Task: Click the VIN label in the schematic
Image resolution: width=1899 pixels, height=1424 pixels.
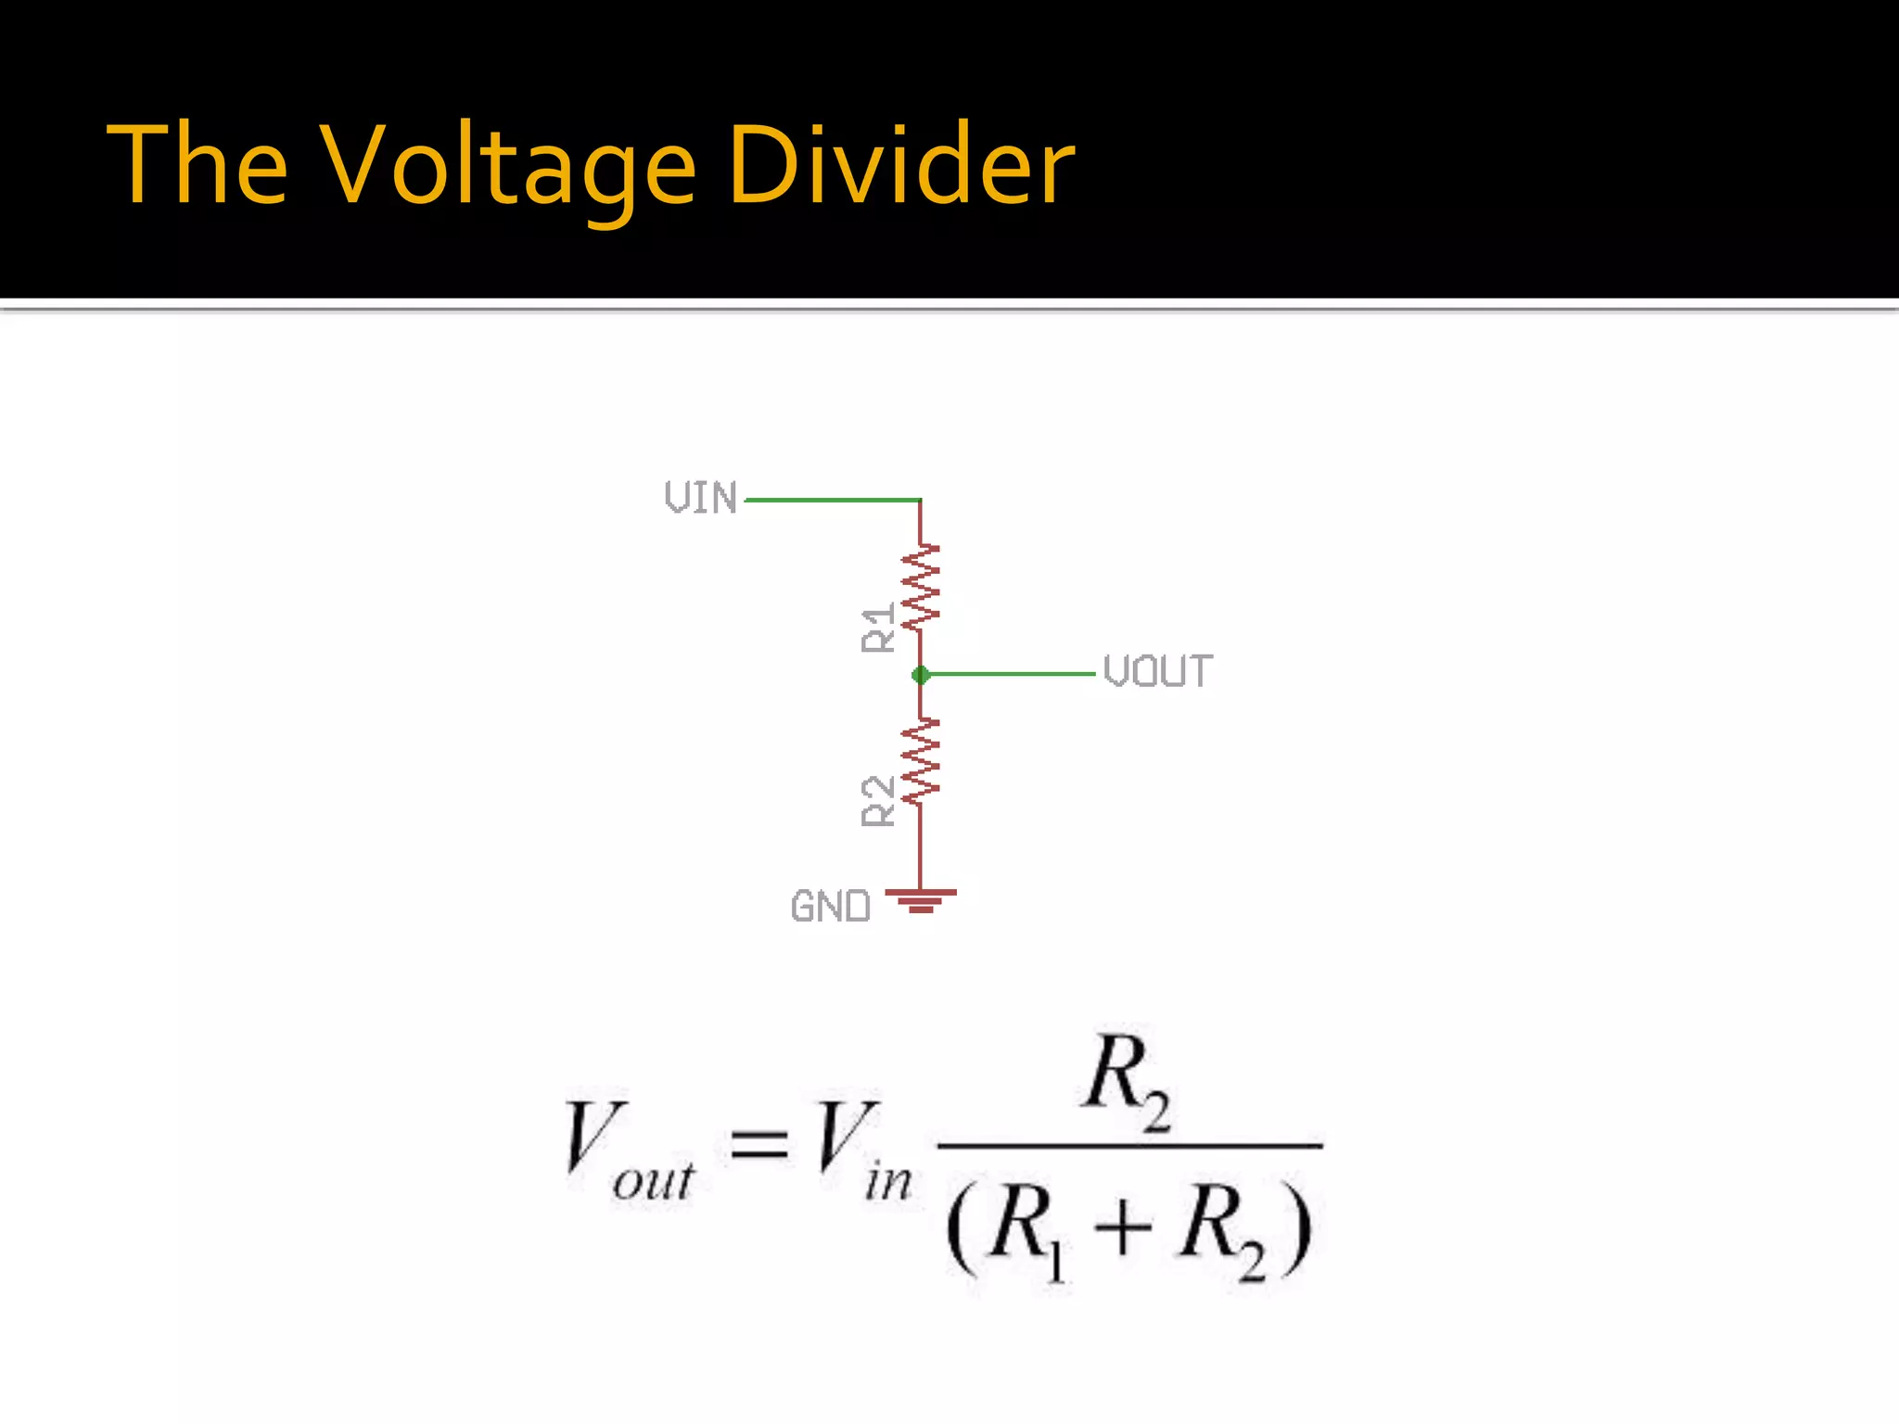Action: [x=701, y=498]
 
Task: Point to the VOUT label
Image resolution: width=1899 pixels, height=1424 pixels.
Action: [x=1157, y=672]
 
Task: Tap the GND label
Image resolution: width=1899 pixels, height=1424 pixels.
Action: [x=831, y=907]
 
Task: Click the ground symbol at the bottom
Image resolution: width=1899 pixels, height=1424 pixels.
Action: [x=920, y=900]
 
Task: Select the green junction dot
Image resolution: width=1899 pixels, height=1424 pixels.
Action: [x=920, y=675]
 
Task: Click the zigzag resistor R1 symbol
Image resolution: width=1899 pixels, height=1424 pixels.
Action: [x=921, y=588]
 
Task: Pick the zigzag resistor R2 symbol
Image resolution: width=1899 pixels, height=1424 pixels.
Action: [x=921, y=761]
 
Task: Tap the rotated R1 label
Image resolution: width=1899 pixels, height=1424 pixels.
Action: [x=878, y=628]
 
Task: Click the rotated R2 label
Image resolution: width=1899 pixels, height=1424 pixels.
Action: [x=878, y=801]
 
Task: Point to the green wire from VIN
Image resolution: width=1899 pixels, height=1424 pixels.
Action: [x=832, y=501]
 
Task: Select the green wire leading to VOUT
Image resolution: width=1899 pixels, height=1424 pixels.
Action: [x=1011, y=674]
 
